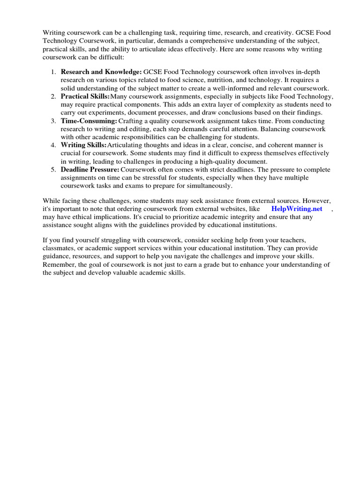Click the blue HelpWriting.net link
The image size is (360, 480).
(x=297, y=209)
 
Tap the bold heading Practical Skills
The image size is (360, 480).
(x=85, y=96)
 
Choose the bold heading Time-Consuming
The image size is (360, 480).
(x=89, y=121)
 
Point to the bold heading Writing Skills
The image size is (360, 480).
(x=83, y=145)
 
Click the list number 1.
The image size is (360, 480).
(x=53, y=72)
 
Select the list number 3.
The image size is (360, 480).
(x=53, y=121)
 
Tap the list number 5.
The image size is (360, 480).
(x=53, y=169)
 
